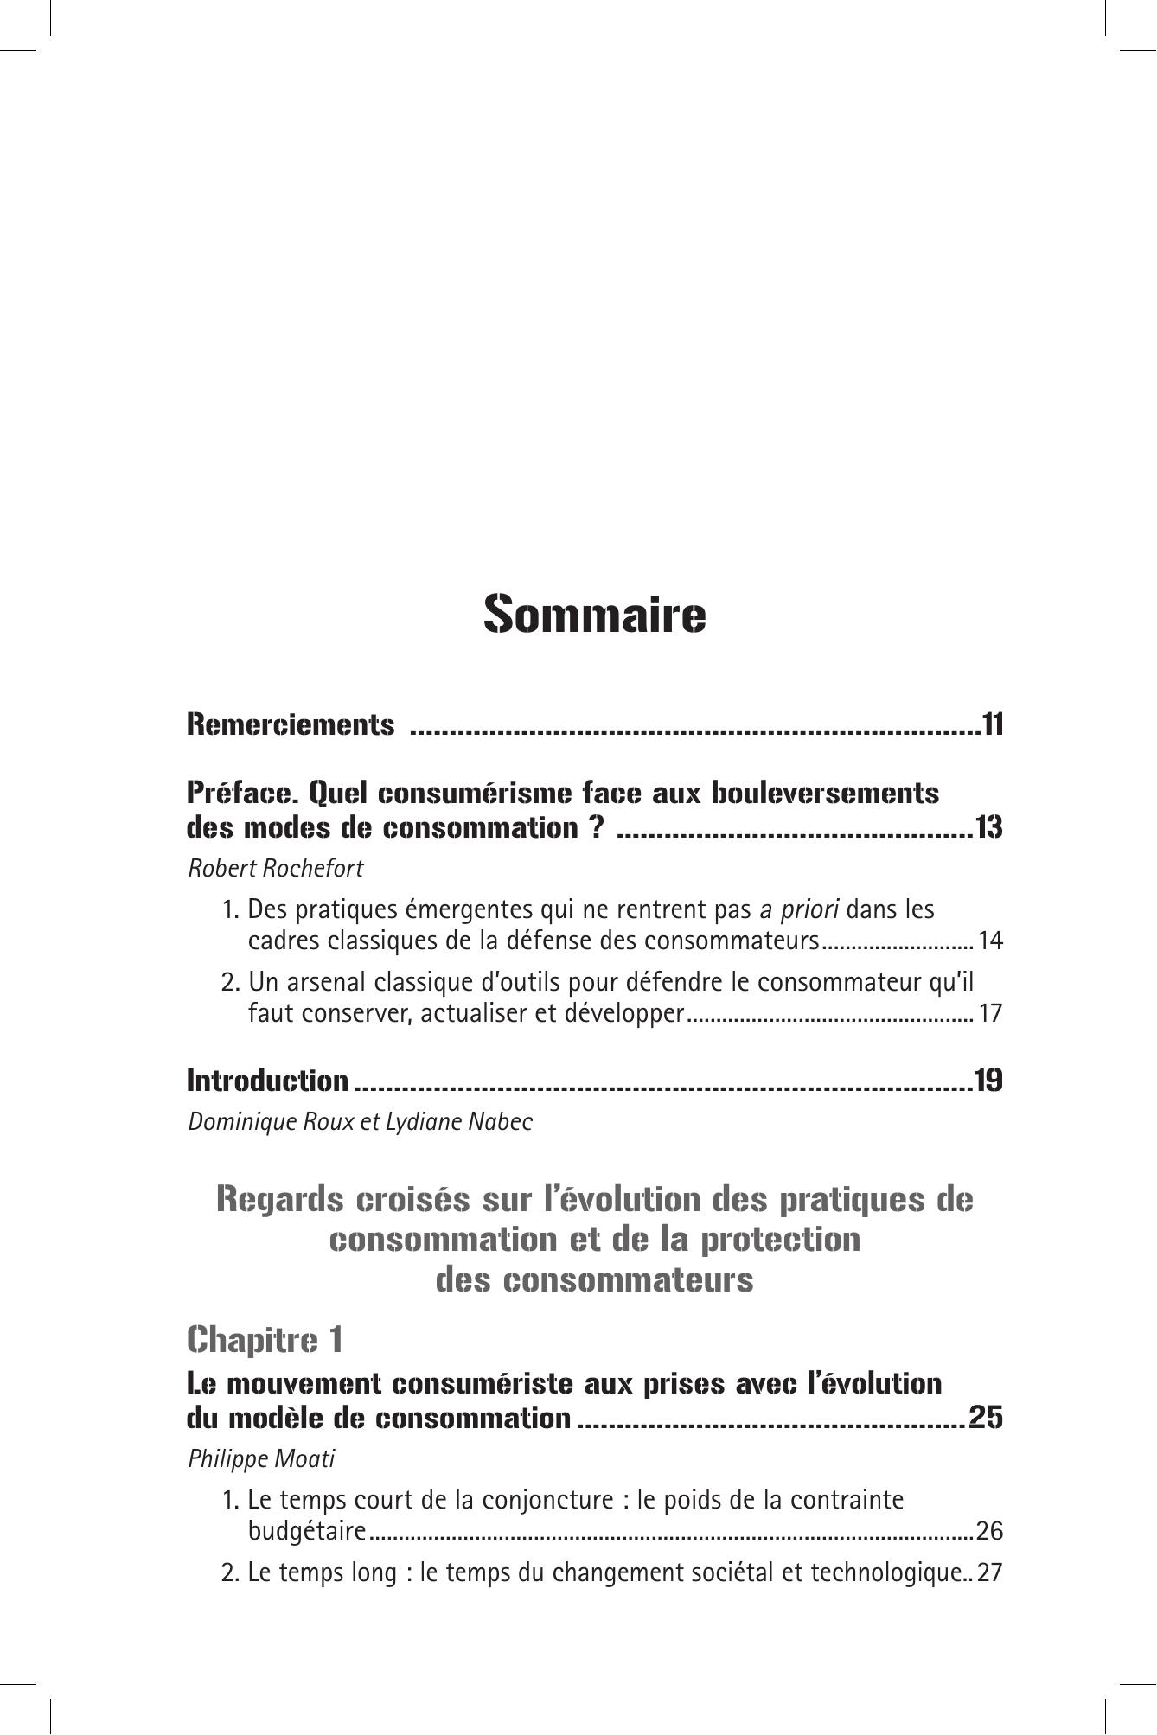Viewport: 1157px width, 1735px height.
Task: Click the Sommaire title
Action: pos(594,615)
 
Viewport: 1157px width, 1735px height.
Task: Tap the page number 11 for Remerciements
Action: pos(992,724)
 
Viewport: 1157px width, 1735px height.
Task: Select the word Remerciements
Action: pos(291,724)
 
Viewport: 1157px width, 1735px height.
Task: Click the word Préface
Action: pos(242,792)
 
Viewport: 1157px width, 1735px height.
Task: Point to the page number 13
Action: pos(988,828)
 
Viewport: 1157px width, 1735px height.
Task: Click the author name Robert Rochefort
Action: pos(276,869)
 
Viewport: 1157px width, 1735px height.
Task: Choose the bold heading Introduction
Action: pos(267,1081)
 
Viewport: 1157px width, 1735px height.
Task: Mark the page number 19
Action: pos(988,1081)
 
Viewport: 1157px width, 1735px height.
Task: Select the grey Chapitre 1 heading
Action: pos(265,1340)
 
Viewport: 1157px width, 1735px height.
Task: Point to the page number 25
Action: pos(986,1419)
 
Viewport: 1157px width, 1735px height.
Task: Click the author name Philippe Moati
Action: pos(261,1459)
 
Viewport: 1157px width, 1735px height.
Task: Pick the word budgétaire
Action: pos(307,1532)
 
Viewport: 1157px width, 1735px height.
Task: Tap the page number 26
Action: pos(988,1532)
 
